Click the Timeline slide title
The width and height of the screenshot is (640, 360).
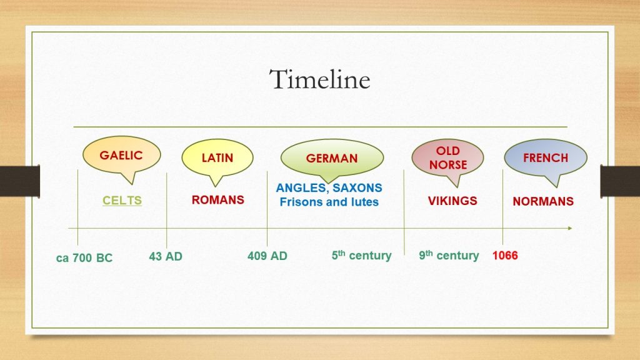coord(319,79)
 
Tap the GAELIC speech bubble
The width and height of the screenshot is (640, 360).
coord(122,156)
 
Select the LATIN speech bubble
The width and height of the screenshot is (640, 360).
coord(217,158)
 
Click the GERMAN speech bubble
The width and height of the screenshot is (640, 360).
coord(332,158)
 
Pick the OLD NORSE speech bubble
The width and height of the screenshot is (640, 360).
coord(447,158)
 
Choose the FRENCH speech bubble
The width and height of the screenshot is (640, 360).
coord(546,158)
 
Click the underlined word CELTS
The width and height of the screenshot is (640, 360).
coord(122,201)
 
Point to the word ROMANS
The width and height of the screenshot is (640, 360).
coord(218,199)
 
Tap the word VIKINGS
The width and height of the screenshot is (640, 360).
coord(452,201)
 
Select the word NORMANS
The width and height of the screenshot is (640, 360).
coord(543,201)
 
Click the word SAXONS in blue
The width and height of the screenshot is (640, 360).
coord(357,187)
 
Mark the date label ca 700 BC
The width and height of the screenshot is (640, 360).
coord(84,258)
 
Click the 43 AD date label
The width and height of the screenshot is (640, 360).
coord(166,256)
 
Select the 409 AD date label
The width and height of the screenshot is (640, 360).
coord(267,256)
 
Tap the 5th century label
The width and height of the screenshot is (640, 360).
coord(362,256)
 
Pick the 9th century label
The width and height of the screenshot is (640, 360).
coord(449,256)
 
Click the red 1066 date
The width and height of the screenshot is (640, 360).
coord(505,256)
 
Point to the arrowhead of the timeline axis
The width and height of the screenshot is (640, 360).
coord(570,228)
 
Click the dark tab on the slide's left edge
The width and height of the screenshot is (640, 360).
coord(20,181)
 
